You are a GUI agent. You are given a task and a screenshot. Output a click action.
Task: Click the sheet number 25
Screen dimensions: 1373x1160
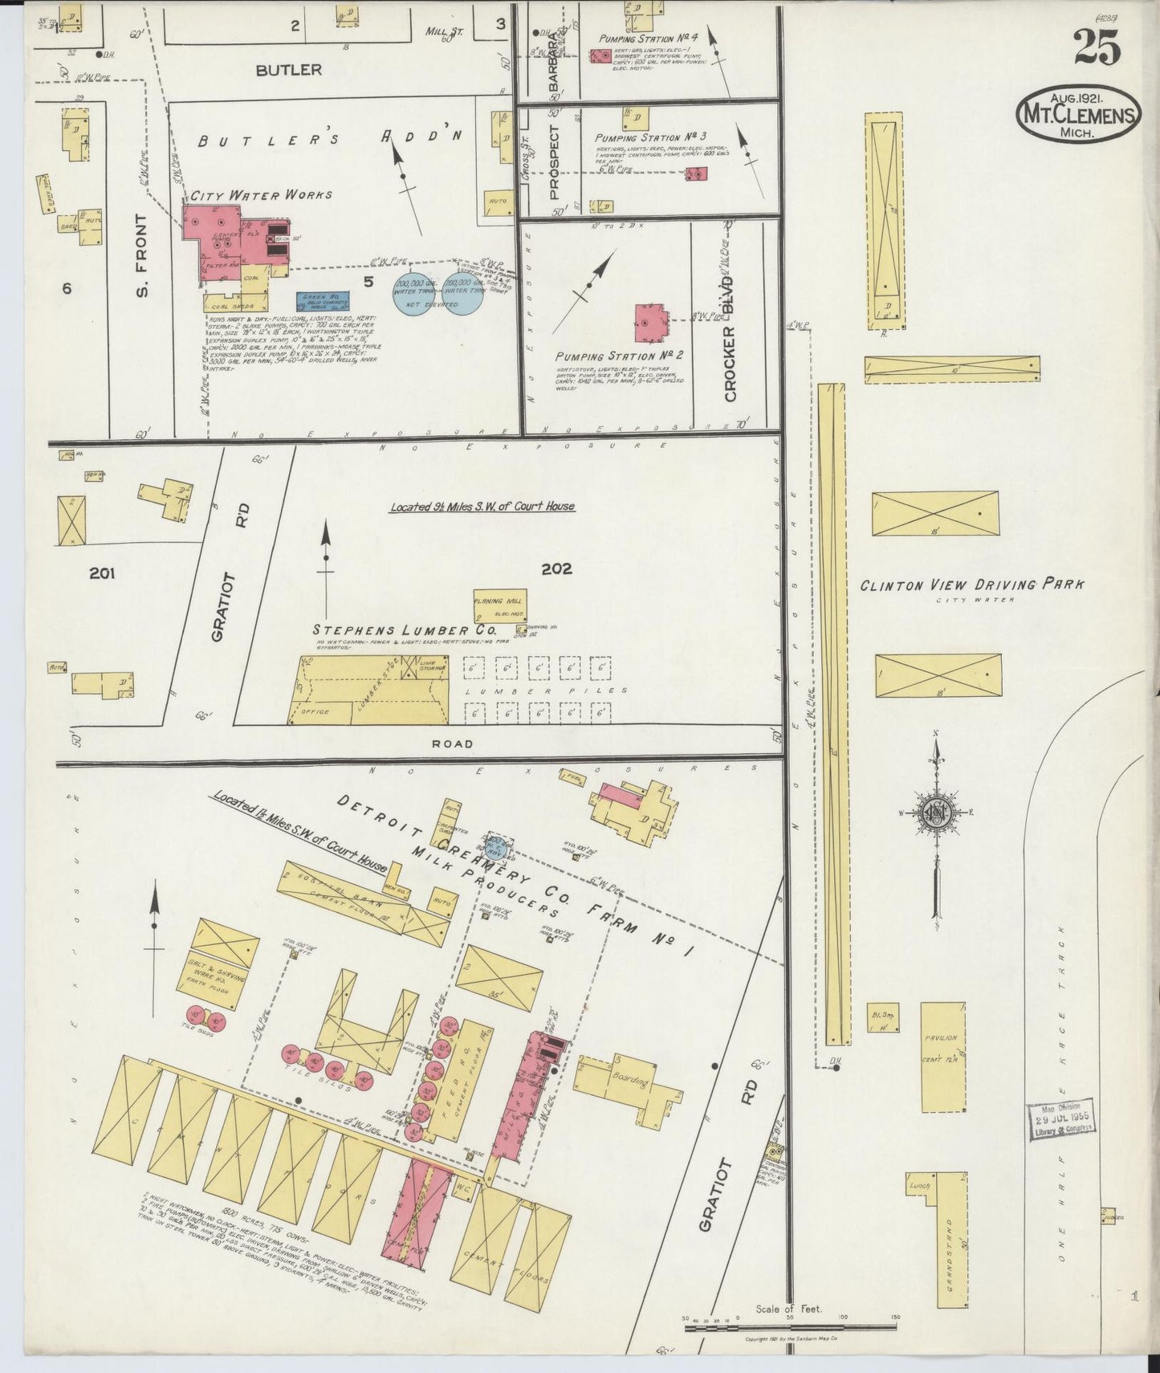(x=1097, y=47)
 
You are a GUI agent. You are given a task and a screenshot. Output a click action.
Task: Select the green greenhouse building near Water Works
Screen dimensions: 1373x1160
(x=321, y=302)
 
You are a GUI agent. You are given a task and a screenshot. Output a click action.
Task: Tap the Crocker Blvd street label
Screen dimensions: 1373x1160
(x=730, y=353)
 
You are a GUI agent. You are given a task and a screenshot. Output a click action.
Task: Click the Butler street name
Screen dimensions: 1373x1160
(x=289, y=70)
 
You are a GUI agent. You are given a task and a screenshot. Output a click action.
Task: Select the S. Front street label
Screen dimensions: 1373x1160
(x=143, y=255)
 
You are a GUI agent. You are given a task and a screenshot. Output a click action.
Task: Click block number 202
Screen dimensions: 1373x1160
(x=556, y=568)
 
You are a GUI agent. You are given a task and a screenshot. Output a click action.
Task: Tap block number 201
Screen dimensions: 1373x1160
(x=103, y=572)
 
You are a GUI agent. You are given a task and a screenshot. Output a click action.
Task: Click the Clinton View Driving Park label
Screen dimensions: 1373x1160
(x=971, y=585)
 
